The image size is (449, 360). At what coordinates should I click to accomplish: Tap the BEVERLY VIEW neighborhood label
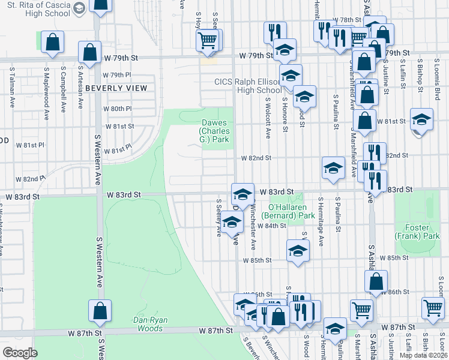click(x=116, y=88)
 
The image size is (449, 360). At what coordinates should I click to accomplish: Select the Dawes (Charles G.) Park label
click(x=214, y=131)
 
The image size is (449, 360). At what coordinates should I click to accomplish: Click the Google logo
click(x=20, y=353)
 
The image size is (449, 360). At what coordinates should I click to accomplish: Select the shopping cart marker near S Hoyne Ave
click(x=207, y=40)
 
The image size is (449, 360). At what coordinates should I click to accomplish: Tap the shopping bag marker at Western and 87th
click(x=100, y=311)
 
